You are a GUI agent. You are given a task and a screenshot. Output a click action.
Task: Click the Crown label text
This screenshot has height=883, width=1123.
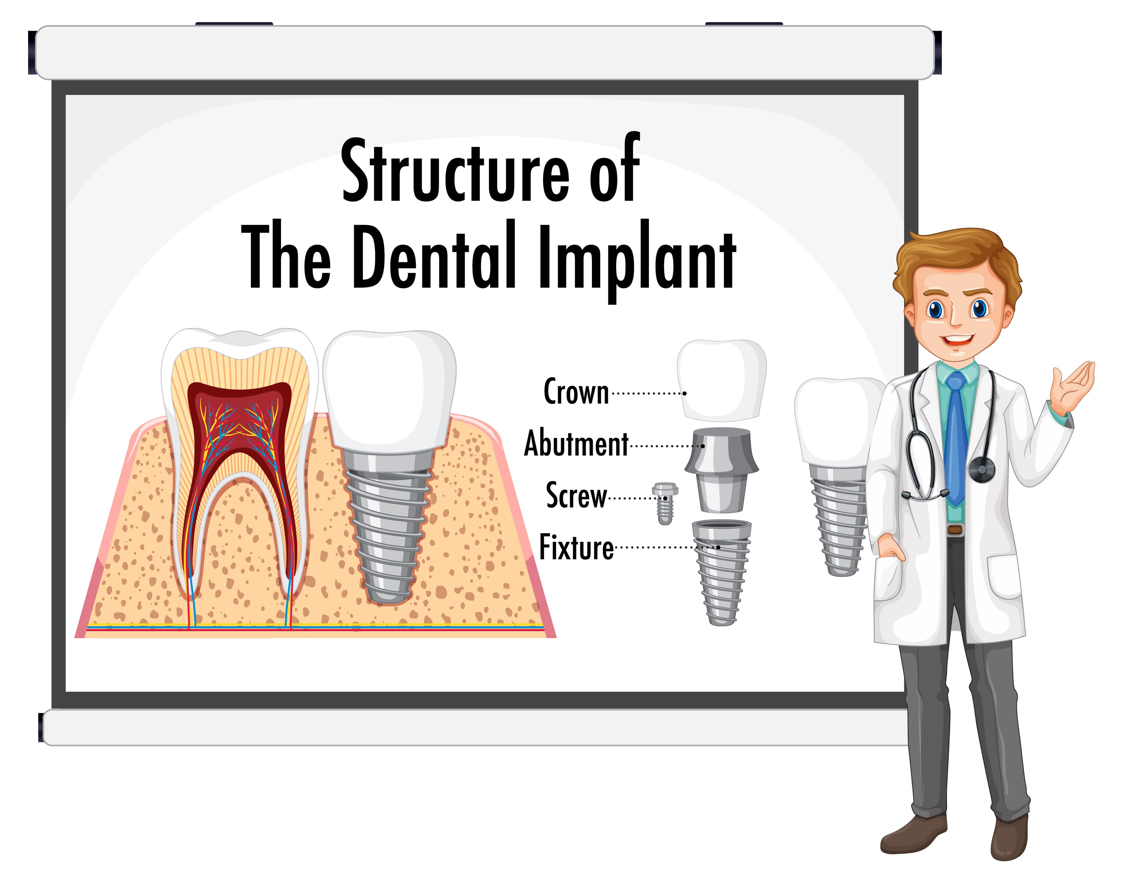click(x=576, y=392)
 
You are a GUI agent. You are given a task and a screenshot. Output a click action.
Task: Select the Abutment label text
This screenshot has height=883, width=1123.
click(x=576, y=444)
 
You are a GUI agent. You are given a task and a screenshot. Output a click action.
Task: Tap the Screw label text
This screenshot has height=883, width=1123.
click(x=576, y=495)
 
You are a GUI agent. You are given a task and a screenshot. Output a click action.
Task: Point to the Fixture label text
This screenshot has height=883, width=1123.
click(x=576, y=547)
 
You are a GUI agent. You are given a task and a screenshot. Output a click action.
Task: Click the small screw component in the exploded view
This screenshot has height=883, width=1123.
click(x=665, y=503)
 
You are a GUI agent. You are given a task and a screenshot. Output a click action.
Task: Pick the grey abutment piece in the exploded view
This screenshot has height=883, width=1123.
click(x=721, y=468)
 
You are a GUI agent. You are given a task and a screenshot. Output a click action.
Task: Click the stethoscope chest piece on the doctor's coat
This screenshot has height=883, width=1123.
click(x=981, y=469)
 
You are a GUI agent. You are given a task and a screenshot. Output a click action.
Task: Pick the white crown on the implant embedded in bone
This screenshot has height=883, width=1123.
click(x=389, y=388)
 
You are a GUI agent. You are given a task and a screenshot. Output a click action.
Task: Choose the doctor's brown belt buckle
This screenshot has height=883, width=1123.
click(x=955, y=530)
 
